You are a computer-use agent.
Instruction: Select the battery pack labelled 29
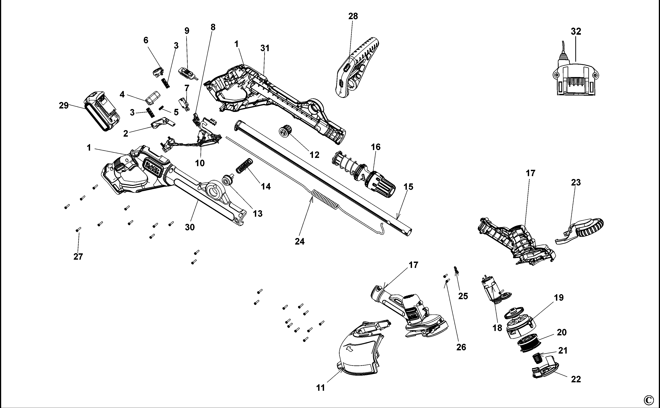pos(102,111)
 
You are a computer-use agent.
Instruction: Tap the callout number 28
pos(353,16)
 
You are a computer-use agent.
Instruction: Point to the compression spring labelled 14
pos(245,165)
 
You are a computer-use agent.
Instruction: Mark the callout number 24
pos(300,241)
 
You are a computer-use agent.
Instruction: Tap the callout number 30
pos(190,227)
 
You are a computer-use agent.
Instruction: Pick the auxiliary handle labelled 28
pos(356,67)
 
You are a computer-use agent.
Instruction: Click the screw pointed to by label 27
pos(78,229)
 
